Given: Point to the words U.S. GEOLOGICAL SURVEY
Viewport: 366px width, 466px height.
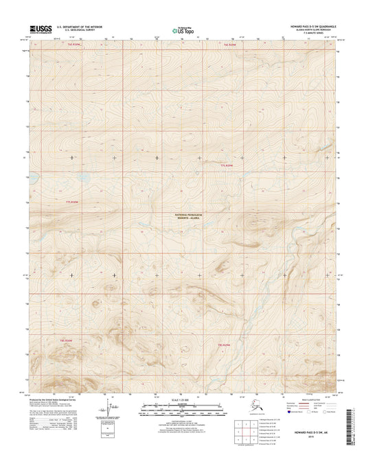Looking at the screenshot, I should coord(82,32).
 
